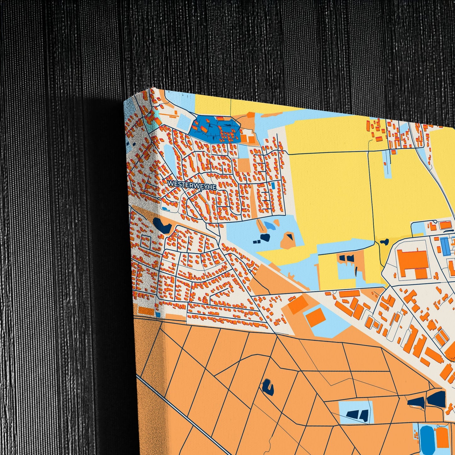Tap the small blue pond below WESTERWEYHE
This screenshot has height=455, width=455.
(x=166, y=209)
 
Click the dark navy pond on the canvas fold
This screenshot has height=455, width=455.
(x=162, y=225)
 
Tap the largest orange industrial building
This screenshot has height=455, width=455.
(x=412, y=262)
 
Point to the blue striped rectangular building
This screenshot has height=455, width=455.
(x=445, y=247)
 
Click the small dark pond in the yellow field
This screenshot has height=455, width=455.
(x=384, y=242)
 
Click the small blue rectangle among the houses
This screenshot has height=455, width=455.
(x=273, y=185)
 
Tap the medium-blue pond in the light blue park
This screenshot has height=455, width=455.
(x=269, y=225)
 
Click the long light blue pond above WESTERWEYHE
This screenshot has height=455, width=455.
(x=169, y=157)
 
